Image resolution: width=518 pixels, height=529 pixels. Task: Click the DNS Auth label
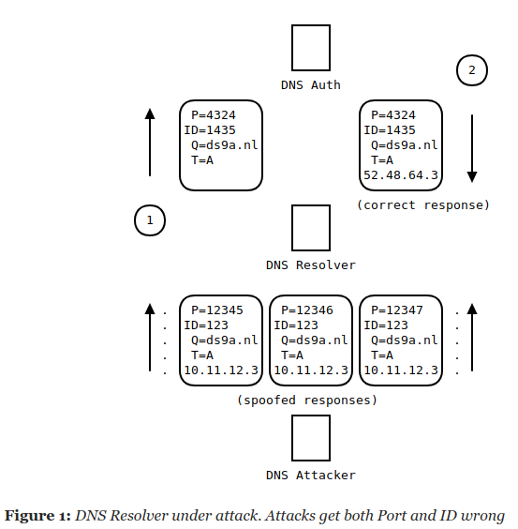(x=311, y=85)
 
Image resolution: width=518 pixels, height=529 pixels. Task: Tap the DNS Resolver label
(x=311, y=265)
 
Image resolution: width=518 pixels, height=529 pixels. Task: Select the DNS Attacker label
(x=311, y=475)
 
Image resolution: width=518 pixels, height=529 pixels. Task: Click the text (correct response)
(x=423, y=205)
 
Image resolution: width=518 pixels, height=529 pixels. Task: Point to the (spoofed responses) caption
(x=307, y=401)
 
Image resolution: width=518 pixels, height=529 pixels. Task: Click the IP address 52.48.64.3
(x=401, y=175)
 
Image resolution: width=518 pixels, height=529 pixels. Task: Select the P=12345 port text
(x=217, y=310)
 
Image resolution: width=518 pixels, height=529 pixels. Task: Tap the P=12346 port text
(x=307, y=310)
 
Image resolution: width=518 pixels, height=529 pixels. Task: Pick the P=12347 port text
(x=397, y=310)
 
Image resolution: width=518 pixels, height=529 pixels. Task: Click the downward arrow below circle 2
(x=472, y=148)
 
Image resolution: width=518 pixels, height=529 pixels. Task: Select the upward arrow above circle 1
(x=150, y=142)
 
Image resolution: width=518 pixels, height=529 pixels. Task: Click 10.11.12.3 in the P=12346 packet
(x=311, y=370)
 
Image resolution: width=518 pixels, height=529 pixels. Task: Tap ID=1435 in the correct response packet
(x=390, y=129)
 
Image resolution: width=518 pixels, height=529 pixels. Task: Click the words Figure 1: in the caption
(x=37, y=516)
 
